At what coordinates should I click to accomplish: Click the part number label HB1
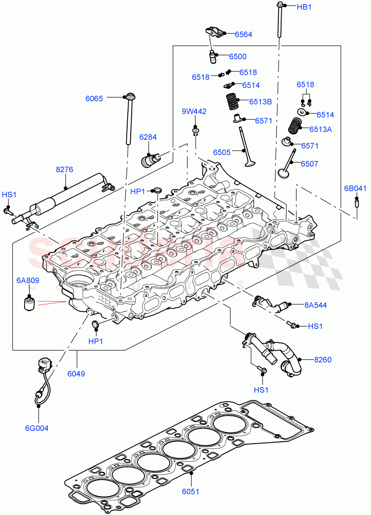[304, 7]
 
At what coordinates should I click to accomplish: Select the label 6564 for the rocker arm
[243, 34]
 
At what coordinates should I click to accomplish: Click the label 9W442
[194, 112]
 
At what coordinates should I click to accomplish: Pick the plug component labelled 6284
[150, 160]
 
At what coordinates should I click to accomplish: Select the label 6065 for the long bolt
[94, 98]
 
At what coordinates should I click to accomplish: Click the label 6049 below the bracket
[76, 373]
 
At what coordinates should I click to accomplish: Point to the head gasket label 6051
[190, 492]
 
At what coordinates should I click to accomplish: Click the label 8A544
[316, 305]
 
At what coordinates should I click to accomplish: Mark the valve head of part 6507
[283, 173]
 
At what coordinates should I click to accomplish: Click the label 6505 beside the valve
[222, 152]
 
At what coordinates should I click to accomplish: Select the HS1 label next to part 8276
[9, 195]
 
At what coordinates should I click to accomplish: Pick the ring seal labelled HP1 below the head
[95, 324]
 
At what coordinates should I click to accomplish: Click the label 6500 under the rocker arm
[238, 56]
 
